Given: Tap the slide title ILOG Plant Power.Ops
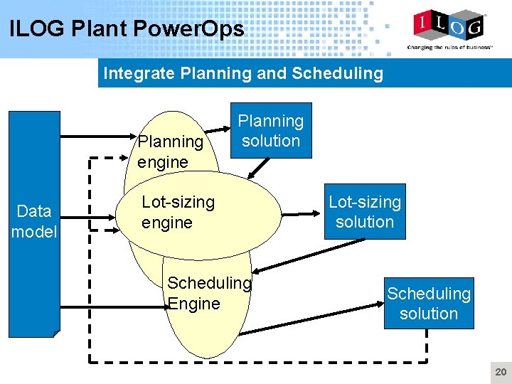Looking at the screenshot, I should pos(127,29).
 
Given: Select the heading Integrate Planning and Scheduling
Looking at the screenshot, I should pos(243,73).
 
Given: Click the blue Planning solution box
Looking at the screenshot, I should pos(270,131).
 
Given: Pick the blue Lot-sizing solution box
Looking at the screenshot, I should pos(365,212).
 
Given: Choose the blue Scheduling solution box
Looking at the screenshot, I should pos(429,303).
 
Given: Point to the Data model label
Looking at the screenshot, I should pos(34,221).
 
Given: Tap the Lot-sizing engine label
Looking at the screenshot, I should pos(178,212).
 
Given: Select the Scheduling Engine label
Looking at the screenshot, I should pos(209,293).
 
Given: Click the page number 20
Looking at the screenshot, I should pos(501,373).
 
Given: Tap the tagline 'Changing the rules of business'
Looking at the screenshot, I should pos(448,48).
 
